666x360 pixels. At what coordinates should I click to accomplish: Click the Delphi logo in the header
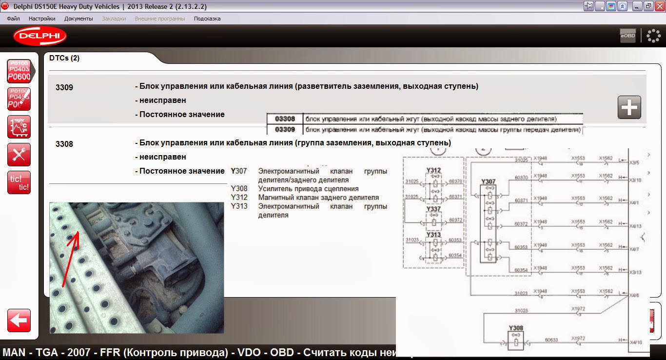coord(40,36)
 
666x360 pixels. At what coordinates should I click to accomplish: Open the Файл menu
coord(13,19)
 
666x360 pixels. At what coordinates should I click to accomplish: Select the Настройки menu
coord(42,19)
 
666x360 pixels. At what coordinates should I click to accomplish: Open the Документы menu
coord(78,19)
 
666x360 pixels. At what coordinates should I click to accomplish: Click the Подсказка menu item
coord(207,19)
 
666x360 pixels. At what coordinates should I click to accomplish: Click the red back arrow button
coord(19,320)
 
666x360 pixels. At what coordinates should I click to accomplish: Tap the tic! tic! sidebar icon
coord(19,182)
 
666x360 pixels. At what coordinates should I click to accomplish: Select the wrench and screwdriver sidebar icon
coord(19,155)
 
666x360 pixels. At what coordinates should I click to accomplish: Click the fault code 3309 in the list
coord(64,88)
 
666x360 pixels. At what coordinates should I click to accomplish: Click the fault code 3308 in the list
coord(64,144)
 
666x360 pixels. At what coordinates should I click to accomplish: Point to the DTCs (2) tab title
coord(64,58)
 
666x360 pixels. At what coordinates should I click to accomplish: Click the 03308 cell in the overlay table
coord(285,119)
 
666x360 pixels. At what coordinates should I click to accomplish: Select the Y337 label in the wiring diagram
coord(433,209)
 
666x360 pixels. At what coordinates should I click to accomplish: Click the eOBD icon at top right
coord(628,36)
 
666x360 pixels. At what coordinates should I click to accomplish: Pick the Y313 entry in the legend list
coord(239,206)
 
